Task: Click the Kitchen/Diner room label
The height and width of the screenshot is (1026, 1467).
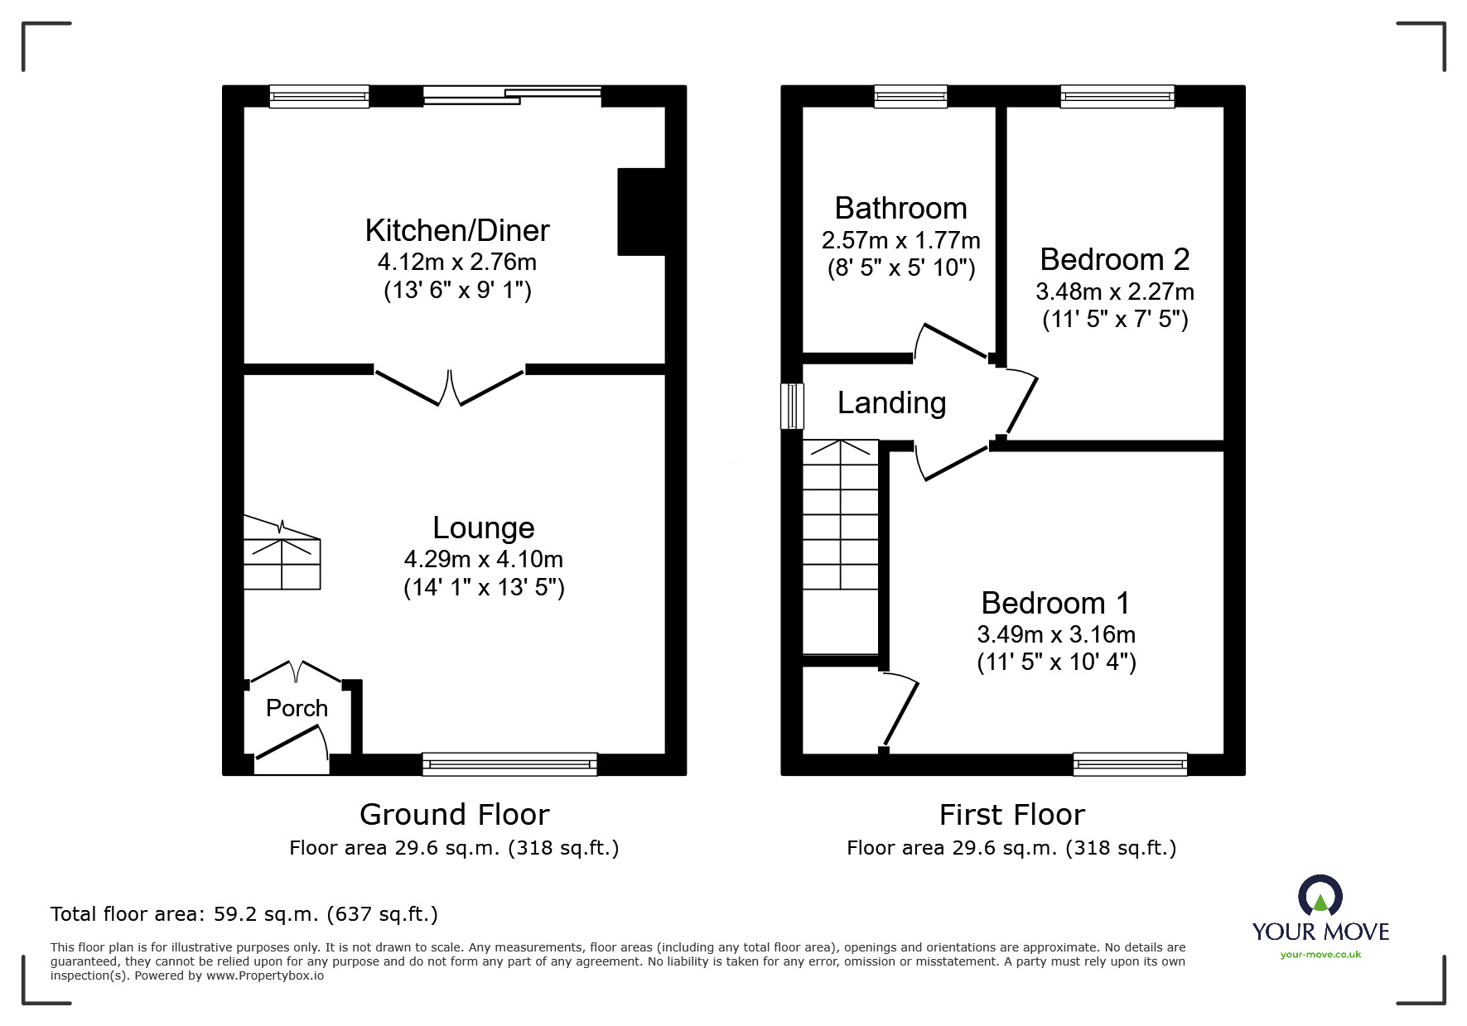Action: (457, 230)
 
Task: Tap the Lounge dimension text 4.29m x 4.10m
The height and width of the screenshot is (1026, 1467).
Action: (484, 559)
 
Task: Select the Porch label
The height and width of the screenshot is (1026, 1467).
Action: (297, 708)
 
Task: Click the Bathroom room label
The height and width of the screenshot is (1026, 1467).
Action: (900, 208)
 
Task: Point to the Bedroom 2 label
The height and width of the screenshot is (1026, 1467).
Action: (1114, 260)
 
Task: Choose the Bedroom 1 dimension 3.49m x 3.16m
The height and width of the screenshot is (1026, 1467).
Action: (1056, 634)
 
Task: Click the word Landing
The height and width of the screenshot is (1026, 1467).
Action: (891, 403)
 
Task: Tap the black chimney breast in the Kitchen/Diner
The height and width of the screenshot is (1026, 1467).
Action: (641, 212)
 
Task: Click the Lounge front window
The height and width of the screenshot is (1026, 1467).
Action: (509, 763)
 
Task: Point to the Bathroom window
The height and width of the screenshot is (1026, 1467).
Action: (910, 97)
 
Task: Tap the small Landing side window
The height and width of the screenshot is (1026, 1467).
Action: (793, 406)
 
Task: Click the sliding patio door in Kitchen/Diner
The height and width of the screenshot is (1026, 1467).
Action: (512, 95)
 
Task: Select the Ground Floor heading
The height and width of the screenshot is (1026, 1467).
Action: (454, 815)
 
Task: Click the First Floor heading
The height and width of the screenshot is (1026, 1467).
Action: (1011, 815)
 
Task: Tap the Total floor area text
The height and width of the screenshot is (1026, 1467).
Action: (244, 914)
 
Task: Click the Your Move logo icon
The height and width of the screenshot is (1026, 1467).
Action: (1320, 898)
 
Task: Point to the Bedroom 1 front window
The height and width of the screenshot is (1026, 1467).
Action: (1130, 763)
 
